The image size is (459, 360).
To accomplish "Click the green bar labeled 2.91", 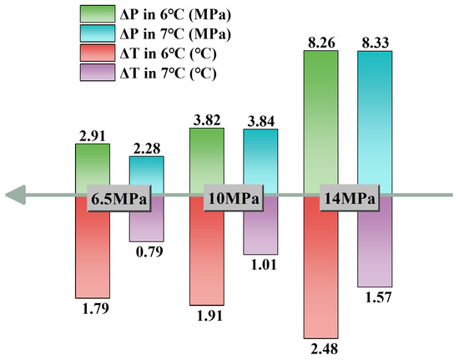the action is (93, 164).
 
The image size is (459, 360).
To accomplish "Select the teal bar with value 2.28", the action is (147, 170).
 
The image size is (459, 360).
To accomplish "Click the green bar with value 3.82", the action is (207, 157).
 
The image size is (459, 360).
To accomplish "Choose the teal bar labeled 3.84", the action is (260, 157).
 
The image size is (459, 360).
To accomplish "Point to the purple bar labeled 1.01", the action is (260, 231).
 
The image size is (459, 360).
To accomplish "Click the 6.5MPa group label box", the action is (119, 198).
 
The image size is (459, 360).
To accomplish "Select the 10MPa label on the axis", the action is (234, 198).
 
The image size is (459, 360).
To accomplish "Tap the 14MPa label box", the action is (350, 198).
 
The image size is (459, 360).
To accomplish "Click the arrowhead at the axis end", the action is (16, 195).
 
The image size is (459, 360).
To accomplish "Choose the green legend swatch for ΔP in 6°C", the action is (98, 13).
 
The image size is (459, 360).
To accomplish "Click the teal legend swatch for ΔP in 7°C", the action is (98, 33).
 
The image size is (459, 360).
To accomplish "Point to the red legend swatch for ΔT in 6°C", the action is (98, 53).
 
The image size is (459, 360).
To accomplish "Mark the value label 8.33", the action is (376, 43).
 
